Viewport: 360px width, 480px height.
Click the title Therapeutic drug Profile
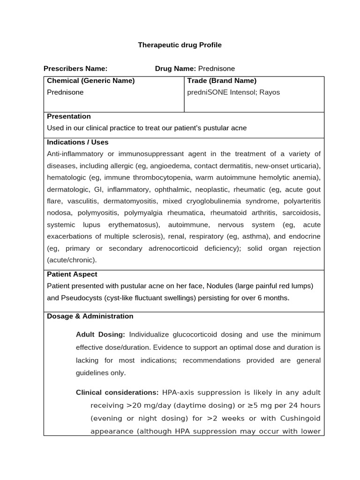pyautogui.click(x=180, y=45)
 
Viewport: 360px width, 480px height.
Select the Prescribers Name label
pyautogui.click(x=75, y=68)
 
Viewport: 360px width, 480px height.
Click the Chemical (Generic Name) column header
pyautogui.click(x=90, y=81)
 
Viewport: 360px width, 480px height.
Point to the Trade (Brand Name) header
pyautogui.click(x=222, y=81)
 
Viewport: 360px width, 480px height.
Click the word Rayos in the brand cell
pyautogui.click(x=270, y=92)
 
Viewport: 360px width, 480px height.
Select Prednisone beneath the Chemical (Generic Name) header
pyautogui.click(x=65, y=92)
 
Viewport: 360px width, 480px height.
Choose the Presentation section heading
pyautogui.click(x=69, y=116)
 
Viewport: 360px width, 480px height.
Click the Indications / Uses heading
pyautogui.click(x=78, y=142)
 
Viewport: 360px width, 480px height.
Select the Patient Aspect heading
pyautogui.click(x=72, y=274)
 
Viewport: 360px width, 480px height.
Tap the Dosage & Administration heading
pyautogui.click(x=90, y=316)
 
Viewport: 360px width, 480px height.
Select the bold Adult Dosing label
pyautogui.click(x=100, y=335)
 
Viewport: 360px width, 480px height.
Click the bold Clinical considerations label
pyautogui.click(x=117, y=392)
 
